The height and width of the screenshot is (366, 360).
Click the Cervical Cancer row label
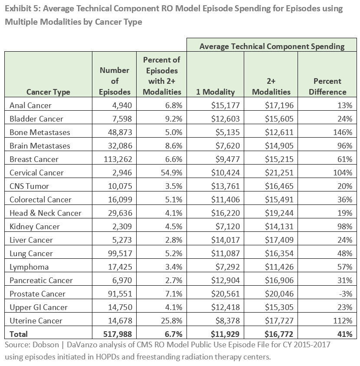point(36,173)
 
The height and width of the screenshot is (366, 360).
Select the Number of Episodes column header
point(115,81)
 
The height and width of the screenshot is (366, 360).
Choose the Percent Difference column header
point(327,86)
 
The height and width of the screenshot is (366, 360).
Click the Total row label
point(19,334)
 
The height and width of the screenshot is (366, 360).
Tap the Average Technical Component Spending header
point(272,46)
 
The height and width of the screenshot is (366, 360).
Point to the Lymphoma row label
point(29,267)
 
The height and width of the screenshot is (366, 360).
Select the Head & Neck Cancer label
point(46,213)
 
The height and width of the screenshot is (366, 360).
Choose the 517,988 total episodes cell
point(114,334)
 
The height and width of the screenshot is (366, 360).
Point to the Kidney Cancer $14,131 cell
point(279,227)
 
